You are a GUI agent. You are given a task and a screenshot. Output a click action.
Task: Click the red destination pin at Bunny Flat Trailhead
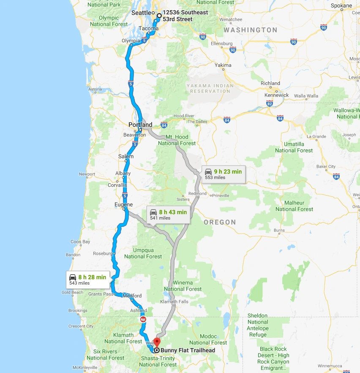point(157,342)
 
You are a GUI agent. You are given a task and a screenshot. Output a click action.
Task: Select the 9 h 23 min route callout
point(223,174)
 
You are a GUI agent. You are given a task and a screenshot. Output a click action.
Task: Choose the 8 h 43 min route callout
point(168,214)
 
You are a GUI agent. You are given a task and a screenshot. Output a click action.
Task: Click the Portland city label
point(140,125)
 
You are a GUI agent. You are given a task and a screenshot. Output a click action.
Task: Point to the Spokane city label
point(342,6)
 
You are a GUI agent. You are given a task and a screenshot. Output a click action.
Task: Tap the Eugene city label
point(123,205)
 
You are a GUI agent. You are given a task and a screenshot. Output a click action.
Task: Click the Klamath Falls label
point(174,302)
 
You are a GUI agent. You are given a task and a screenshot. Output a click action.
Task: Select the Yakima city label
point(223,65)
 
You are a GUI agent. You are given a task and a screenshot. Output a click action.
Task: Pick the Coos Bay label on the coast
point(80,242)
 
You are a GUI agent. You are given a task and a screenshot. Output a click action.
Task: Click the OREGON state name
point(220,222)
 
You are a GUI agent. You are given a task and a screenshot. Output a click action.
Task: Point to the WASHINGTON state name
point(251,30)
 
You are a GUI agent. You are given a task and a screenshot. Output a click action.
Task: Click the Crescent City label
point(81,326)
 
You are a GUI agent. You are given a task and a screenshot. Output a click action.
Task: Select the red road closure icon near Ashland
point(143,320)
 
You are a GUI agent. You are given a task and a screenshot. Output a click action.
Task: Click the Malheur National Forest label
point(295,206)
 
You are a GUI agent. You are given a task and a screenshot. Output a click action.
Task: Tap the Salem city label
point(126,156)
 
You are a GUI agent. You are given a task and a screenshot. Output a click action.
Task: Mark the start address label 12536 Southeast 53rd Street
point(185,16)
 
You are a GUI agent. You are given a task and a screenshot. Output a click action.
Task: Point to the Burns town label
point(279,230)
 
